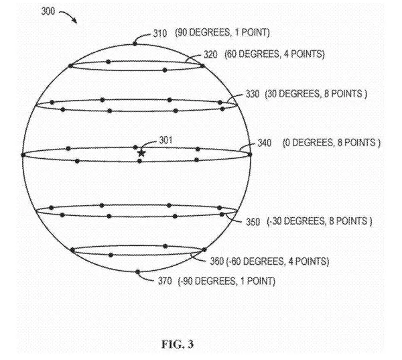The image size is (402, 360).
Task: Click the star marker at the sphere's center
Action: click(x=141, y=154)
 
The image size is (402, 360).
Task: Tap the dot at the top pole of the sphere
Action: click(x=135, y=44)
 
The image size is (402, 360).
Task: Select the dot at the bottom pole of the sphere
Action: click(x=137, y=272)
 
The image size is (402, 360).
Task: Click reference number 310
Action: click(x=160, y=34)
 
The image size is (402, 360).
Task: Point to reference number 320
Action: click(x=210, y=55)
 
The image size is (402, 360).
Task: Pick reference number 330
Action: click(x=253, y=94)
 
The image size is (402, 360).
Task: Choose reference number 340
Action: click(x=265, y=143)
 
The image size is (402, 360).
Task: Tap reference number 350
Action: click(x=253, y=222)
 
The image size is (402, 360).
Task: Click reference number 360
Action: click(x=217, y=261)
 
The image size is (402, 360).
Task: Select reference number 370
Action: click(x=165, y=281)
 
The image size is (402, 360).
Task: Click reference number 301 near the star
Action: click(x=165, y=140)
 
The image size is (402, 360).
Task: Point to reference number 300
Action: click(x=48, y=11)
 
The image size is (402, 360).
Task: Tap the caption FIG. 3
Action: click(x=178, y=344)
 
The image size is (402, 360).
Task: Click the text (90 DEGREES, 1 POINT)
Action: click(x=222, y=33)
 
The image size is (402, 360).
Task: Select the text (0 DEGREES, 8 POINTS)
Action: click(x=332, y=142)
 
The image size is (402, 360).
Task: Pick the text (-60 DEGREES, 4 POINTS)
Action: click(x=277, y=261)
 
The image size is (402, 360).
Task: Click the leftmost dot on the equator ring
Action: click(x=23, y=155)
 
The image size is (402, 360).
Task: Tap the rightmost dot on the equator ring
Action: click(x=250, y=154)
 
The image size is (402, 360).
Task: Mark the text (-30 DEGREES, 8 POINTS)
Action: click(x=320, y=221)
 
